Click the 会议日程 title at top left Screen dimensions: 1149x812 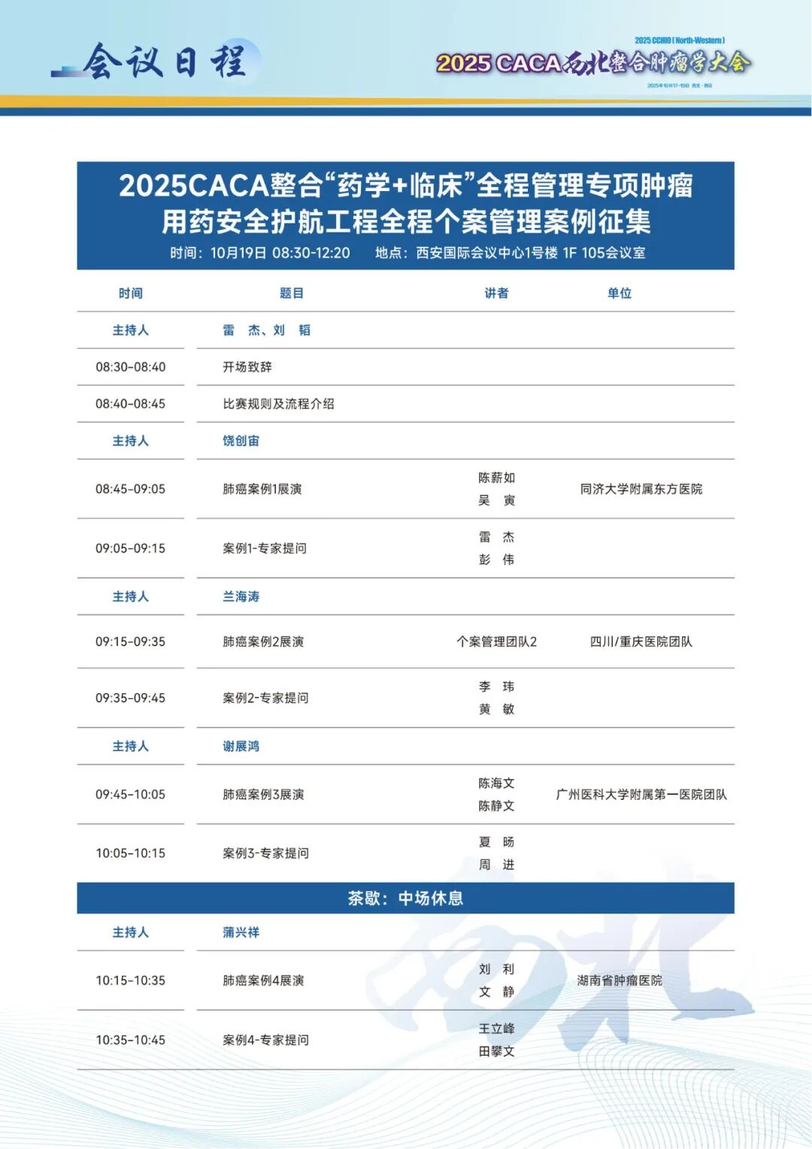coord(165,62)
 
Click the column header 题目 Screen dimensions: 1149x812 coord(292,293)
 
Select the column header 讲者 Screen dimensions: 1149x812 coord(496,293)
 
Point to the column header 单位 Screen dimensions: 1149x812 coord(620,293)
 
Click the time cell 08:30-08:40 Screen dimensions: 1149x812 coord(130,367)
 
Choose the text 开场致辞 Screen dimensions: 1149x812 coord(247,367)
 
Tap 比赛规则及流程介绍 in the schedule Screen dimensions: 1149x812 coord(278,404)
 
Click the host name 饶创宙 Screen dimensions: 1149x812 coord(241,441)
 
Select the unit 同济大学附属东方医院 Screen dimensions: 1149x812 coord(641,489)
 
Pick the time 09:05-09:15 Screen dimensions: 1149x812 coord(130,549)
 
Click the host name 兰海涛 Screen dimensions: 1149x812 coord(241,597)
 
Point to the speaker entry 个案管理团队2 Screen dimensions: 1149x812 coord(496,642)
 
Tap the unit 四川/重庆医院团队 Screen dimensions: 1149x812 coord(641,642)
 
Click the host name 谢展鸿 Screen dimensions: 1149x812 coord(241,746)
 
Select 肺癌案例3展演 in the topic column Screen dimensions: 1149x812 coord(263,795)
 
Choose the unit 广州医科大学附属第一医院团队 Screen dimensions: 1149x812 coord(641,795)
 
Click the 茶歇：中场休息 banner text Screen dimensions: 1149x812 coord(405,898)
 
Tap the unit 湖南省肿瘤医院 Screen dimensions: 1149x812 coord(620,980)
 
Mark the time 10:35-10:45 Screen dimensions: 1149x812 coord(130,1040)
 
